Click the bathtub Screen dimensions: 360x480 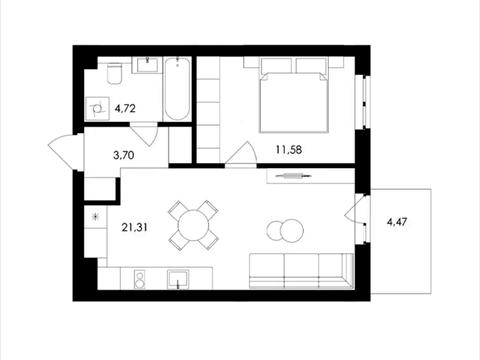click(x=177, y=88)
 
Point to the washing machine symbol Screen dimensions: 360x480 click(x=97, y=108)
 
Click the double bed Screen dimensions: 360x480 click(x=295, y=95)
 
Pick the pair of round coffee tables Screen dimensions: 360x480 click(x=284, y=231)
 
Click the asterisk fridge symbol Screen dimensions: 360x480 click(x=95, y=216)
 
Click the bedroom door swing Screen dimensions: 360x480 click(x=239, y=154)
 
